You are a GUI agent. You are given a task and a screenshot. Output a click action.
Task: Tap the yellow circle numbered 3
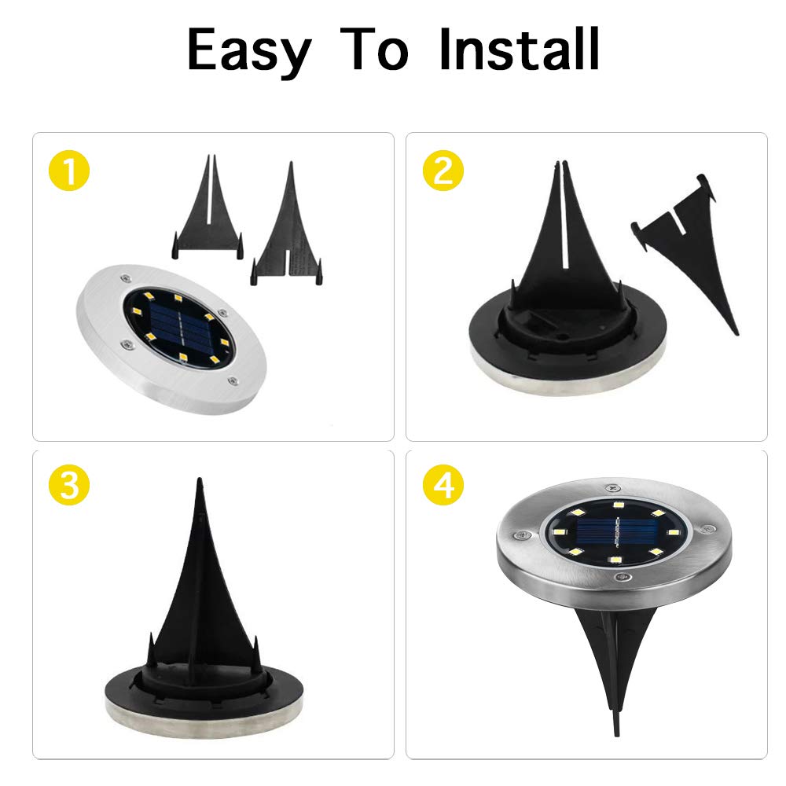click(x=69, y=487)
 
